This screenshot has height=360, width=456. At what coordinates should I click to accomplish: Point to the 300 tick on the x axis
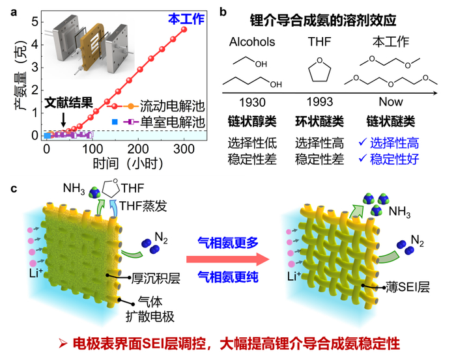(x=186, y=149)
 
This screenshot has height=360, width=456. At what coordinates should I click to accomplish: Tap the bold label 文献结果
(x=68, y=103)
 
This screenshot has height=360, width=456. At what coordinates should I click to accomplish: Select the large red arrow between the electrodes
(x=229, y=259)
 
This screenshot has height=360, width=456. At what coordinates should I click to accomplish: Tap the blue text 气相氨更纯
(x=229, y=277)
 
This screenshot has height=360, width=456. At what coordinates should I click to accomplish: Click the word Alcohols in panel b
(x=252, y=42)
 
